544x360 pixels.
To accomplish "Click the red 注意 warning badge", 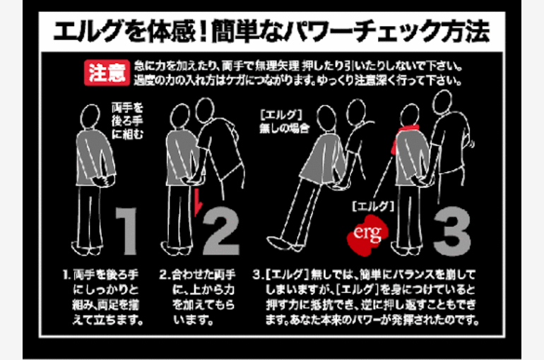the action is click(x=107, y=73).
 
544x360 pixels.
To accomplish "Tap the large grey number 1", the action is click(x=127, y=232).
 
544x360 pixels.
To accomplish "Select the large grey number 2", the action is click(x=221, y=232).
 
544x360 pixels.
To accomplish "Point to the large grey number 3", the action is click(x=452, y=232).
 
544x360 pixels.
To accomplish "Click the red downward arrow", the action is click(x=198, y=202).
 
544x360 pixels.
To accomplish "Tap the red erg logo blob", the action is click(x=367, y=235).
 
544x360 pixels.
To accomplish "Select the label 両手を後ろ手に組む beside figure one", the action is click(x=127, y=121).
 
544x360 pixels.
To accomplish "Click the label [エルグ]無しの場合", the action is click(x=285, y=121).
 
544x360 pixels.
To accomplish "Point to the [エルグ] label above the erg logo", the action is click(x=373, y=207).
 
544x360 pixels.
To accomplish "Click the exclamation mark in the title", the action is click(x=204, y=32).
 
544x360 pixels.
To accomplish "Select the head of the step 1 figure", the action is click(x=90, y=116).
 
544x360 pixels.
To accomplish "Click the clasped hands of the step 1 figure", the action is click(x=103, y=181).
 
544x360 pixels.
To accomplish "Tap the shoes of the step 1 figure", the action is click(x=87, y=248).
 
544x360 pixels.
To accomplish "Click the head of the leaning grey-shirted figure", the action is click(x=327, y=119).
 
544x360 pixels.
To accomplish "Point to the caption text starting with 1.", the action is click(x=103, y=297).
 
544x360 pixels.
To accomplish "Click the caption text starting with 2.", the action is click(x=197, y=297).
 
